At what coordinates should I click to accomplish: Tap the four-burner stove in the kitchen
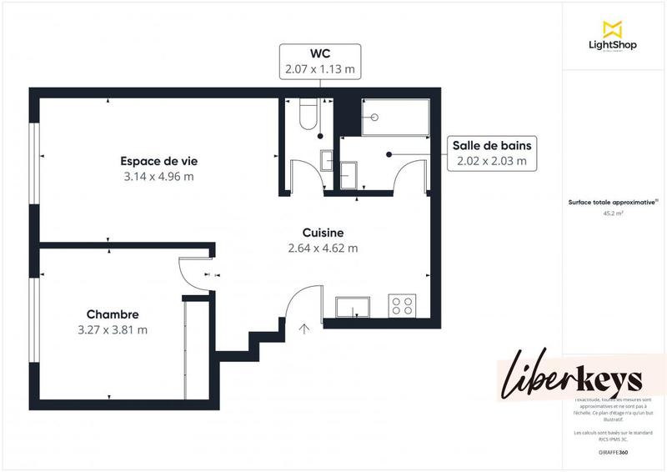(403, 306)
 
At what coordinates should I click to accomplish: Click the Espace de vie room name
(158, 161)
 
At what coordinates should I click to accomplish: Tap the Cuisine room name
(323, 233)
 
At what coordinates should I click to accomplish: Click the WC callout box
(319, 62)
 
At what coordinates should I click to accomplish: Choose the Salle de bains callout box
(492, 153)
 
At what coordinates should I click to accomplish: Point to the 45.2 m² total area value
(614, 213)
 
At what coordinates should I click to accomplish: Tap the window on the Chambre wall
(34, 321)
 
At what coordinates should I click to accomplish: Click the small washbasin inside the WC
(326, 158)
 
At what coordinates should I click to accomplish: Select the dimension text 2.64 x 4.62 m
(323, 248)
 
